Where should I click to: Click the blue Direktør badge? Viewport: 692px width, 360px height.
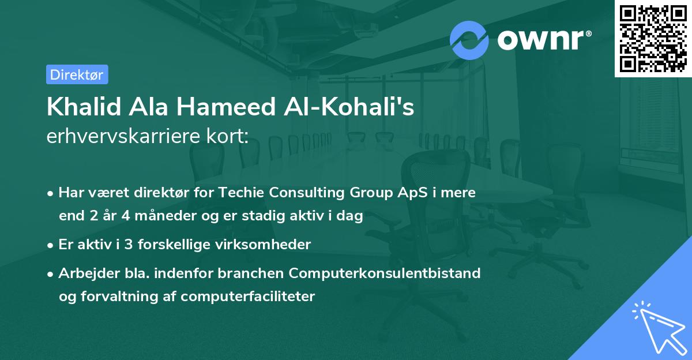click(77, 74)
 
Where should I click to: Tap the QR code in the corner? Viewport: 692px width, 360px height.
click(652, 38)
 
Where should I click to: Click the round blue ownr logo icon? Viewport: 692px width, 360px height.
click(469, 40)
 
